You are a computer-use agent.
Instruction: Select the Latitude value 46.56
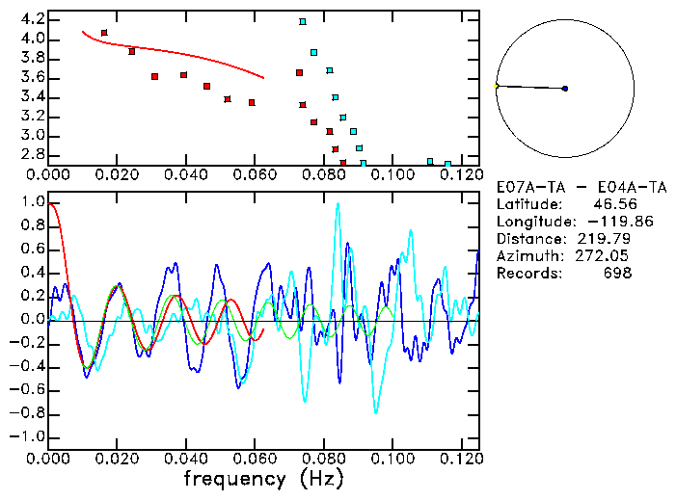612,204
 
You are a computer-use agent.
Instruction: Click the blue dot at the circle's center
565,89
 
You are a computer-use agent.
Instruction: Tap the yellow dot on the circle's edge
496,86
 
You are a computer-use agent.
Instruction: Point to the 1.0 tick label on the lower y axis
32,202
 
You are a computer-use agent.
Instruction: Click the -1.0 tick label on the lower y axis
29,436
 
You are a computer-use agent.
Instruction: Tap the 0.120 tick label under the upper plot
460,175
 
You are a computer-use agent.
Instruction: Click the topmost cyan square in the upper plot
302,21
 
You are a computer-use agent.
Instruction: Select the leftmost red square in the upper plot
104,33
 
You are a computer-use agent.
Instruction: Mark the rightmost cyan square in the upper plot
447,164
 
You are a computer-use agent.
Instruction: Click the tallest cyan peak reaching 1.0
338,204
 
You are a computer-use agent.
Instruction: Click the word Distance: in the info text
529,239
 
